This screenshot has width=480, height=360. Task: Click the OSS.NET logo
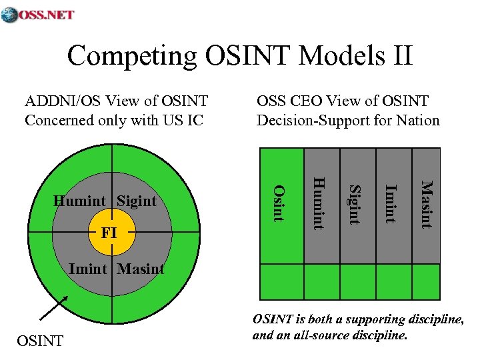pyautogui.click(x=38, y=15)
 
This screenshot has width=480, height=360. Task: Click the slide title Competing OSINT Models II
pyautogui.click(x=240, y=55)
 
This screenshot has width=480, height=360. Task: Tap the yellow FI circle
pyautogui.click(x=111, y=233)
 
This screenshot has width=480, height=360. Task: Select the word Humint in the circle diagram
pyautogui.click(x=79, y=201)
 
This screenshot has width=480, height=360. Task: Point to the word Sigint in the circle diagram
pyautogui.click(x=137, y=201)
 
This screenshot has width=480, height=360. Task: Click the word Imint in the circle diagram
pyautogui.click(x=88, y=269)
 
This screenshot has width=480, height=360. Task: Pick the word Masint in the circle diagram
pyautogui.click(x=141, y=269)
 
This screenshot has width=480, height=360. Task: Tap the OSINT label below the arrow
pyautogui.click(x=39, y=341)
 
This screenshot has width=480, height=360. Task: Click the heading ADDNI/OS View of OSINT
pyautogui.click(x=116, y=101)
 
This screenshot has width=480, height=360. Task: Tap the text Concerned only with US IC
pyautogui.click(x=113, y=121)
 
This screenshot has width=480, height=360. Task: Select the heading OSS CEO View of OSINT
pyautogui.click(x=343, y=101)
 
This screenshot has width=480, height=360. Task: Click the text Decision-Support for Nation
pyautogui.click(x=348, y=121)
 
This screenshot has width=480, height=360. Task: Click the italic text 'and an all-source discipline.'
pyautogui.click(x=329, y=335)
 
